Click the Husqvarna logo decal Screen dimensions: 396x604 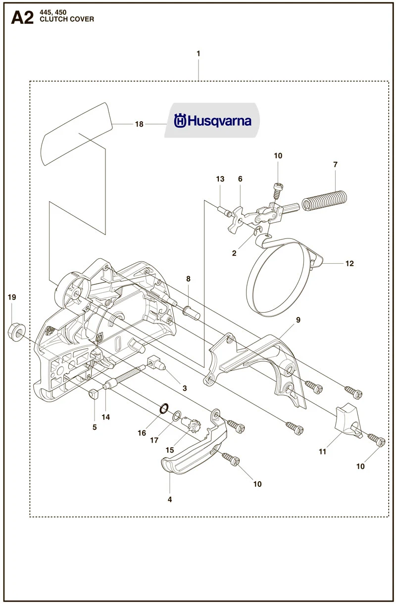click(212, 120)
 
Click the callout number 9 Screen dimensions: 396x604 click(298, 320)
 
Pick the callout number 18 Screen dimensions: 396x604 click(139, 124)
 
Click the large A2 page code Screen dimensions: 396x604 click(22, 18)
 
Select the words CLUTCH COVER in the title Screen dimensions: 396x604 click(67, 19)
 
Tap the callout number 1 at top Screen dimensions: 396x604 click(198, 53)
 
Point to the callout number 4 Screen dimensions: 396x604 click(170, 500)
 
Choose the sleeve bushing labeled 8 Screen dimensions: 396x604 click(192, 312)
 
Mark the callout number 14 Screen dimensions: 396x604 click(106, 417)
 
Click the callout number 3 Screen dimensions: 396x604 click(185, 388)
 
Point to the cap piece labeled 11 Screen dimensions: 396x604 click(347, 420)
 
